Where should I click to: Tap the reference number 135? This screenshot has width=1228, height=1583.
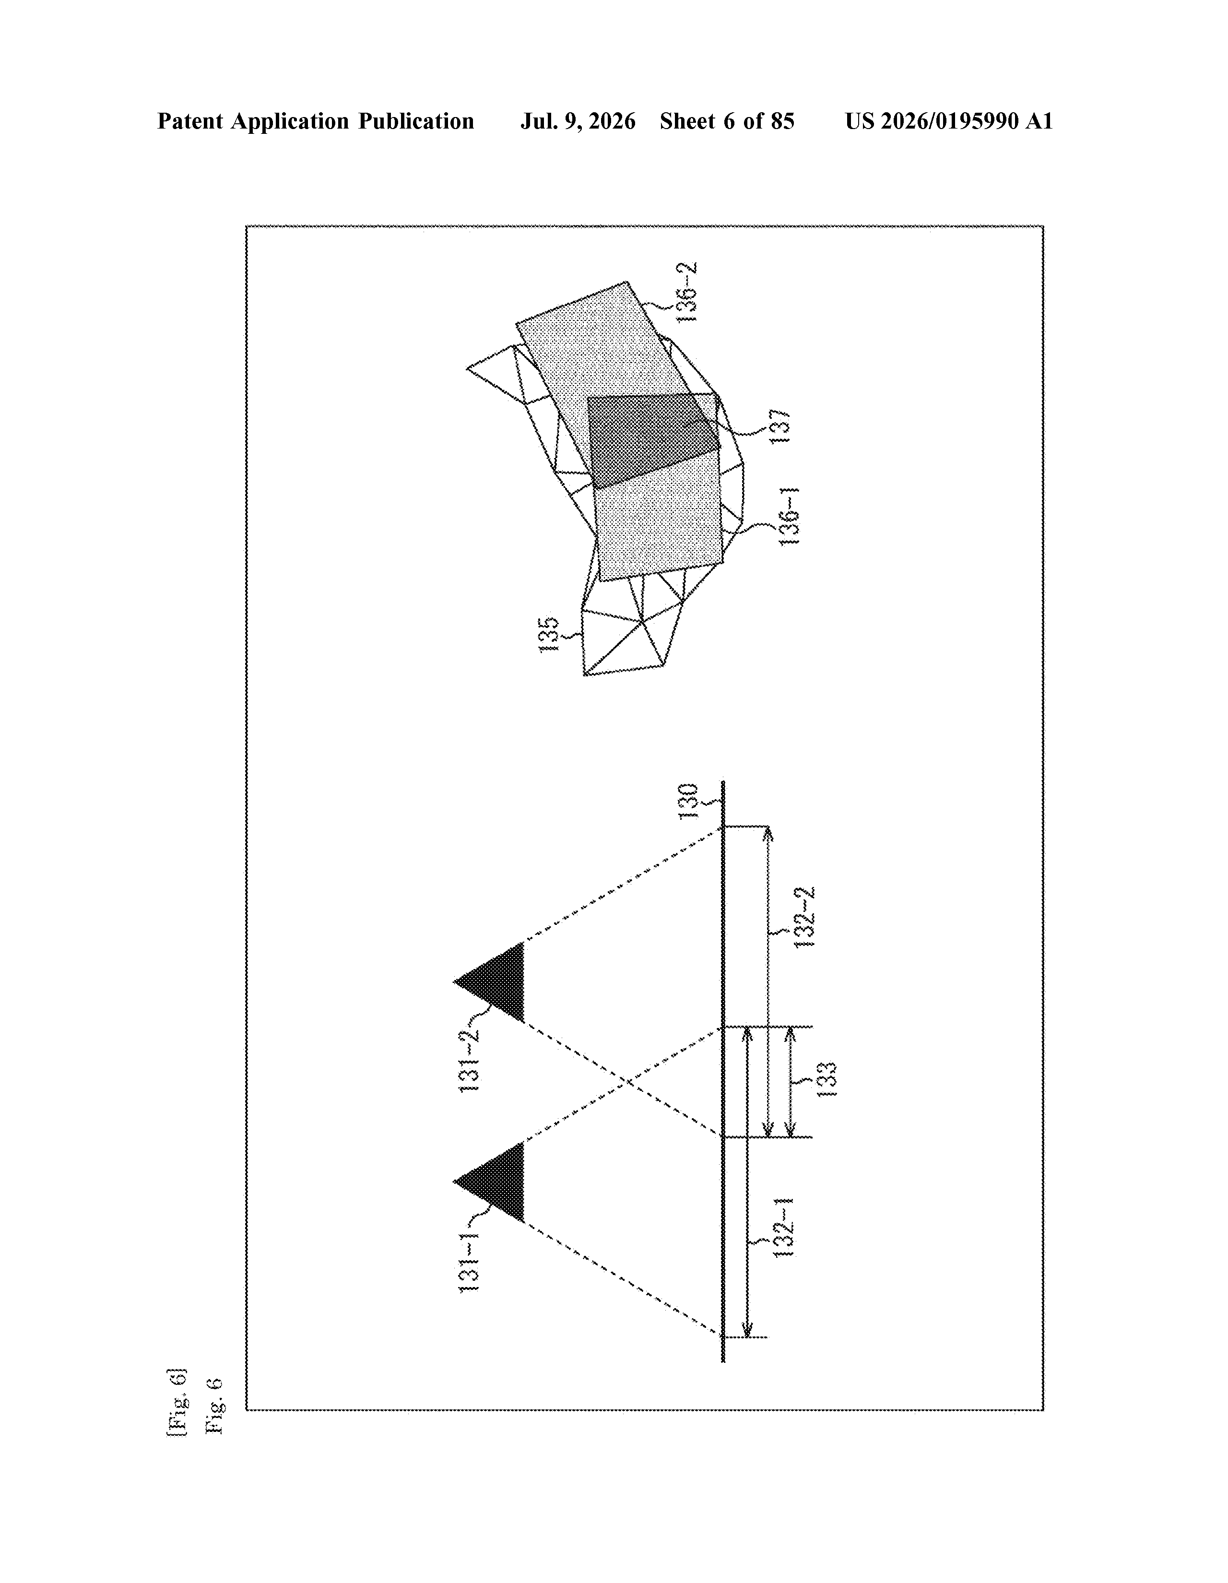(549, 634)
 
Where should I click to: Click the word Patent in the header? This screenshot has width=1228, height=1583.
(190, 121)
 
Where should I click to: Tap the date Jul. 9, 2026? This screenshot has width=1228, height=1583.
(578, 121)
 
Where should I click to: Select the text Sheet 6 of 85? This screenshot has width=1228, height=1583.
(727, 121)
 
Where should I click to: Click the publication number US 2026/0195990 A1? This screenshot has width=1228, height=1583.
(949, 121)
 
